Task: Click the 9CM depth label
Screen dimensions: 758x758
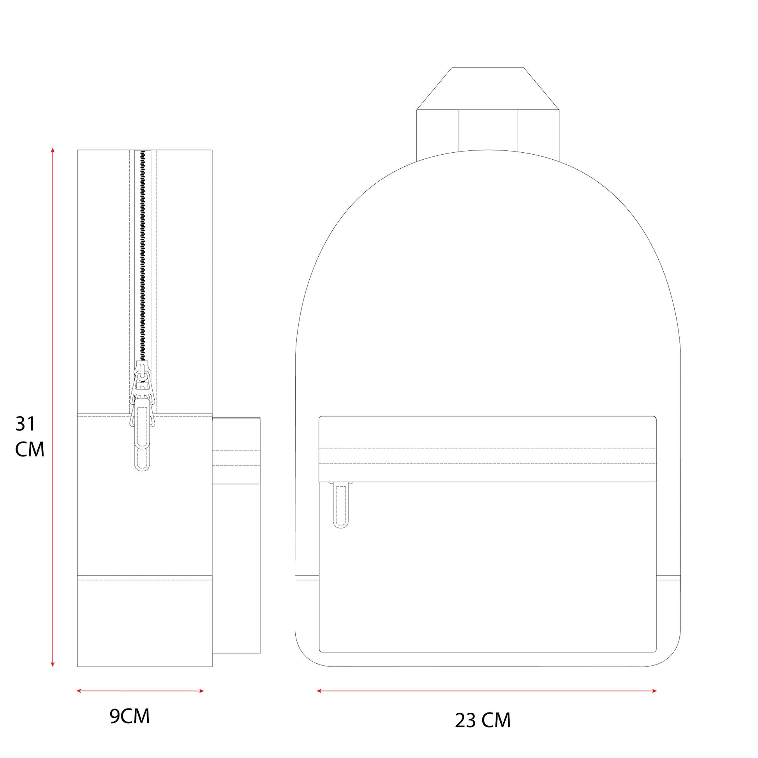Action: coord(130,716)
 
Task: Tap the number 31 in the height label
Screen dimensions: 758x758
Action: coord(25,424)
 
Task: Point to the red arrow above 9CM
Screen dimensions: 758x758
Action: coord(141,691)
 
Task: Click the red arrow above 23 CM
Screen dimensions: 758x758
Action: coord(487,691)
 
